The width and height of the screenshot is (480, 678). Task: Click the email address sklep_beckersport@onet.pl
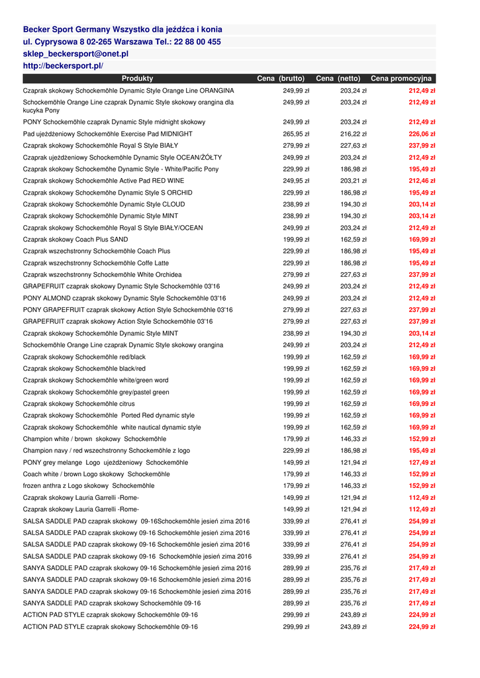click(x=75, y=54)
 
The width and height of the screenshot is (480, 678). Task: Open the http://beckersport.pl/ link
click(x=63, y=66)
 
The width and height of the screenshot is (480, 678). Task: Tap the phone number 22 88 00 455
click(x=196, y=42)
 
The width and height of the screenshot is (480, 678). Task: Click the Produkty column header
click(x=137, y=79)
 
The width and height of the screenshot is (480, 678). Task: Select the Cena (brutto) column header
click(x=281, y=79)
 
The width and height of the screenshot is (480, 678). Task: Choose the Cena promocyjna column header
click(x=401, y=79)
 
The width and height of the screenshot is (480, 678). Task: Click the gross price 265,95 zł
click(x=296, y=134)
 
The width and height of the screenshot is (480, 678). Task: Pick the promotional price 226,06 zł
click(x=422, y=134)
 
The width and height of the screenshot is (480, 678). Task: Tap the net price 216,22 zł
click(x=354, y=134)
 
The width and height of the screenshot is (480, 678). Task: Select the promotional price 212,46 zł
click(x=422, y=181)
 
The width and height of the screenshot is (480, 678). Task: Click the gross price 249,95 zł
click(x=296, y=181)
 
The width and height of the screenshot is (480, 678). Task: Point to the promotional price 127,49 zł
click(x=422, y=462)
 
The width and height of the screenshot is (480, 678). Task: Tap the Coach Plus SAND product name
click(x=75, y=240)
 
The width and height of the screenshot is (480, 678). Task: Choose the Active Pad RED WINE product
click(x=103, y=181)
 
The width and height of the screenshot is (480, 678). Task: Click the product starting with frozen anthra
click(x=89, y=486)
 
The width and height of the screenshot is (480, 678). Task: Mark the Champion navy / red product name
click(x=106, y=450)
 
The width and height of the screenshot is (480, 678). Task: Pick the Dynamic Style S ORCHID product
click(x=108, y=193)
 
